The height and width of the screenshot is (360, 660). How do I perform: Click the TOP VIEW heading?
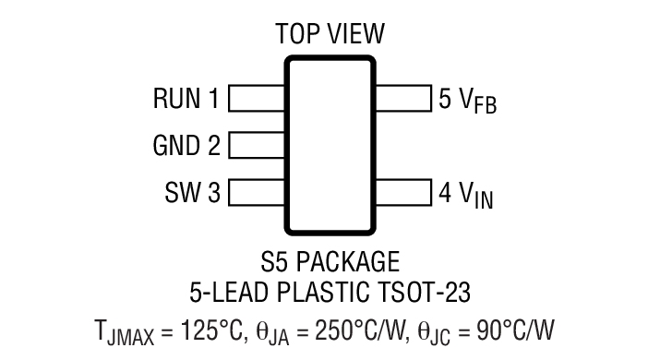coord(330,35)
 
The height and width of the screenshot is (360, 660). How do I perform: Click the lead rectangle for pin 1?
coord(256,99)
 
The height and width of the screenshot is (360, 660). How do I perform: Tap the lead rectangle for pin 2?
coord(256,145)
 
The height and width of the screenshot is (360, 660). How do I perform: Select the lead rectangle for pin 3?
coord(256,192)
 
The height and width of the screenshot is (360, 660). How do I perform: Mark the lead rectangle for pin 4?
coord(403,192)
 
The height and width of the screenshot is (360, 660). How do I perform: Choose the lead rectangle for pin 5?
coord(403,99)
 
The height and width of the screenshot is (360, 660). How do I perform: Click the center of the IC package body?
coord(330,145)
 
